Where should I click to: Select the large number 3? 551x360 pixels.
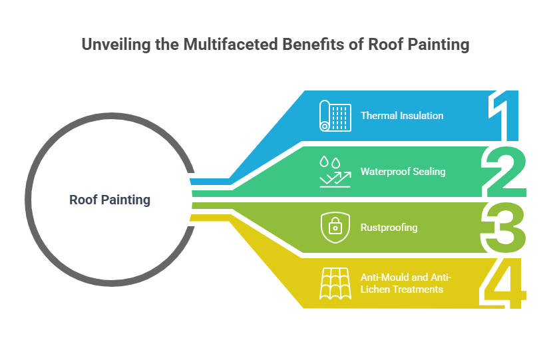pos(504,228)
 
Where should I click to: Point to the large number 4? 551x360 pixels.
pos(504,284)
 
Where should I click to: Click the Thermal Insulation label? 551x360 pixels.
pos(402,116)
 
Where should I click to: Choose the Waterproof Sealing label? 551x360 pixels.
pos(403,172)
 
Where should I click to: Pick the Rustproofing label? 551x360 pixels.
pos(389,228)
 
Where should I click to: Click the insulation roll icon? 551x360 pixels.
pos(334,115)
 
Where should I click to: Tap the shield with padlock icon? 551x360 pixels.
pos(335,228)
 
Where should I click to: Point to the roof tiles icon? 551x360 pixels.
pos(335,283)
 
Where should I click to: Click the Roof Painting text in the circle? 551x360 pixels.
pos(110,200)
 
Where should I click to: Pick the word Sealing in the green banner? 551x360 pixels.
pos(429,172)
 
